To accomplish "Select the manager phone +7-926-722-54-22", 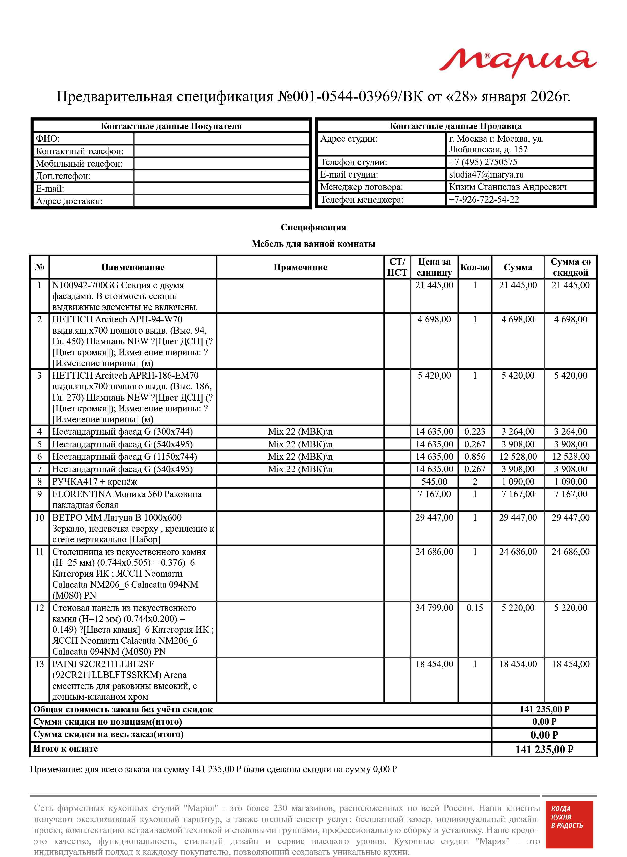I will tap(484, 200).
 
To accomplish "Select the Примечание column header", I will tap(300, 267).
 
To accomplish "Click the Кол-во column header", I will tap(475, 267).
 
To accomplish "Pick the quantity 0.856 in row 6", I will tap(475, 457).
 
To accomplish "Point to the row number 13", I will tap(39, 664).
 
